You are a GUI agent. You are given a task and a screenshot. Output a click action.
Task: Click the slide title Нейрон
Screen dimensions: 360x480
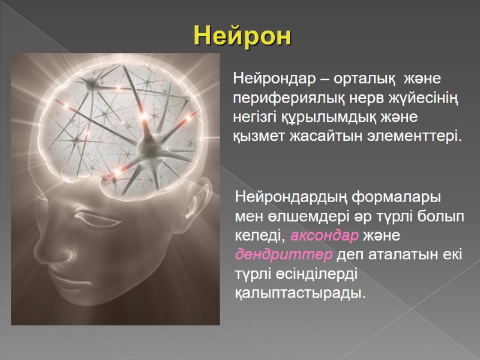[242, 37]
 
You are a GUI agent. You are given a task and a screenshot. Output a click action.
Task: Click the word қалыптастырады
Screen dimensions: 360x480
[298, 294]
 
